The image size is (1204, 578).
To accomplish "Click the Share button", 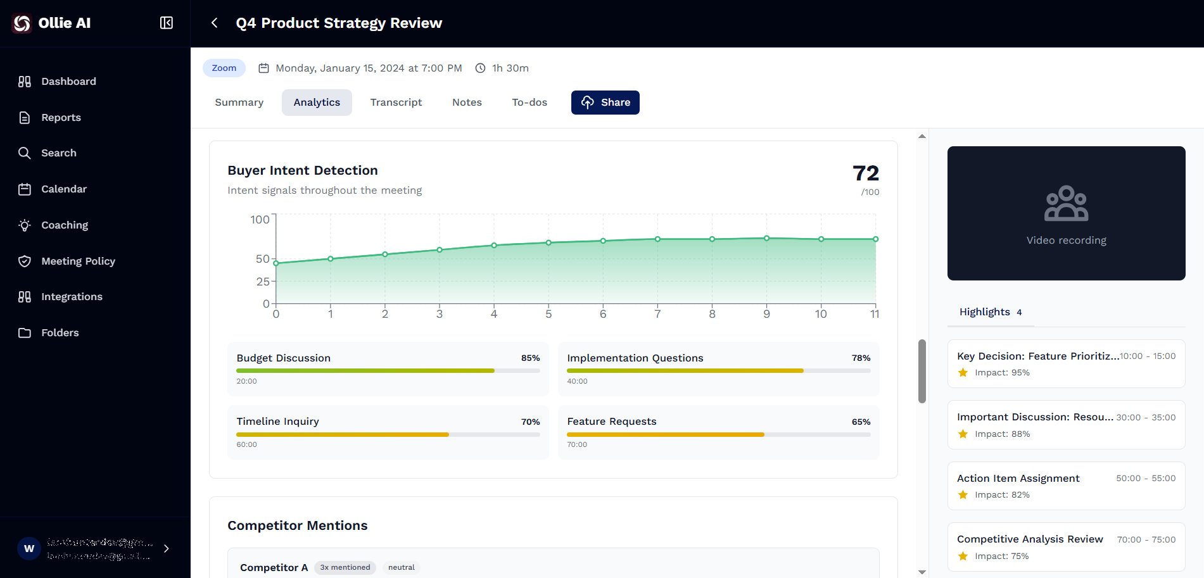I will tap(605, 103).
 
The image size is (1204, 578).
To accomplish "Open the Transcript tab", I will tap(396, 103).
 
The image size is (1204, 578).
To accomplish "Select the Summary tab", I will tap(239, 103).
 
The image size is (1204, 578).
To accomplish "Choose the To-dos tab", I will tap(529, 103).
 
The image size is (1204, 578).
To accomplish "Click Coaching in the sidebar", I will tap(64, 225).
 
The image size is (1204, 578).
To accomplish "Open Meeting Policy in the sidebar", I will tap(78, 261).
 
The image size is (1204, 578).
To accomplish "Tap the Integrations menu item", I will tap(72, 297).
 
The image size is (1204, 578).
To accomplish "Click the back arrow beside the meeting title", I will tap(215, 23).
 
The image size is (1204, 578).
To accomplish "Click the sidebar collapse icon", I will tap(167, 23).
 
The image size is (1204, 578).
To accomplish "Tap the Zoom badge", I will tap(224, 68).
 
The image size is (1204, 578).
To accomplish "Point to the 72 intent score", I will tap(865, 173).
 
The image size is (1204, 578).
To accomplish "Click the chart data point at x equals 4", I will tap(494, 246).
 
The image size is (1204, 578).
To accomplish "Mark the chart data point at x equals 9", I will tap(766, 239).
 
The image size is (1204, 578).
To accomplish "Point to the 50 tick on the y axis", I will tap(262, 259).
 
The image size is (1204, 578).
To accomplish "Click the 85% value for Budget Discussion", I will tap(530, 358).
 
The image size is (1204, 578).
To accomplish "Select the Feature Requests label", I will tap(611, 422).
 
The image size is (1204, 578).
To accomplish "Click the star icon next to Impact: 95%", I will tap(963, 373).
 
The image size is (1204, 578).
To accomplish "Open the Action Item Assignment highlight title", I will tap(1018, 479).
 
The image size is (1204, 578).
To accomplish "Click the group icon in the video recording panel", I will tap(1066, 204).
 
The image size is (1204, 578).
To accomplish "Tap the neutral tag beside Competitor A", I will tap(401, 568).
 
